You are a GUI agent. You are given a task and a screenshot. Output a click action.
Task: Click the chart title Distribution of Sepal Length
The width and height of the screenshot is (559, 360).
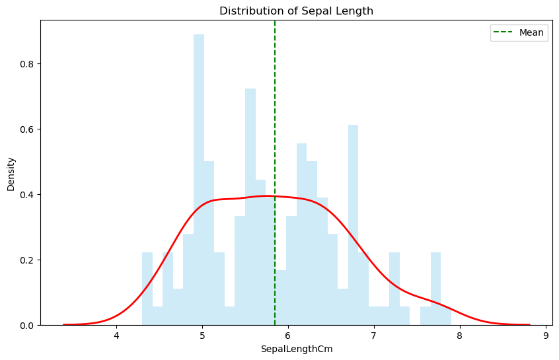click(x=296, y=11)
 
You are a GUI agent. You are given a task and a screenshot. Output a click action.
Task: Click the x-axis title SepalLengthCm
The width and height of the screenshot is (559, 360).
click(x=296, y=349)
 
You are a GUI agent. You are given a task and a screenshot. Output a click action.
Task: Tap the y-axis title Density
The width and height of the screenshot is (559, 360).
click(x=11, y=173)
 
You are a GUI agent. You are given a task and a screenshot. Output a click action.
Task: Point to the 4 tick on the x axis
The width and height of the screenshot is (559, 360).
click(x=117, y=336)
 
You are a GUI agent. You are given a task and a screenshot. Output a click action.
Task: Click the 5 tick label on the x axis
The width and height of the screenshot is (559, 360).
click(x=203, y=336)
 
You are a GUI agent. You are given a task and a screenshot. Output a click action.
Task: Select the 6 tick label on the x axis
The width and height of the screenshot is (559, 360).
click(x=289, y=336)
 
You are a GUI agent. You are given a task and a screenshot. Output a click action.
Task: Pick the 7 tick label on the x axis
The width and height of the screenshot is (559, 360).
click(x=375, y=336)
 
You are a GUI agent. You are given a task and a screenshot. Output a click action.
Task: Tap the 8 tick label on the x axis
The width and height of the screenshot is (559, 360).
click(x=460, y=336)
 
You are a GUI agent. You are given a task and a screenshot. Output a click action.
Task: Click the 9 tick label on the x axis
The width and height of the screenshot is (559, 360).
click(x=546, y=336)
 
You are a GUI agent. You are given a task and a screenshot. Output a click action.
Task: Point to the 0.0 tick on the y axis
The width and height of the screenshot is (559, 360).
click(x=26, y=326)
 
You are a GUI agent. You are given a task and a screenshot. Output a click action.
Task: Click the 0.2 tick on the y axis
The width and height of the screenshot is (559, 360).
click(x=26, y=260)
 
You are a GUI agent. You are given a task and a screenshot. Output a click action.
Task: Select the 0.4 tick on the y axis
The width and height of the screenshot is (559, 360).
click(x=26, y=195)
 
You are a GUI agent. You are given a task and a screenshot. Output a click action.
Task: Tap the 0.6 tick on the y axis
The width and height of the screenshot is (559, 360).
click(x=26, y=129)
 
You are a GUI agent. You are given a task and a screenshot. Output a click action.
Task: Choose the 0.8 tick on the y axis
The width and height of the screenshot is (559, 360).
click(x=26, y=64)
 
